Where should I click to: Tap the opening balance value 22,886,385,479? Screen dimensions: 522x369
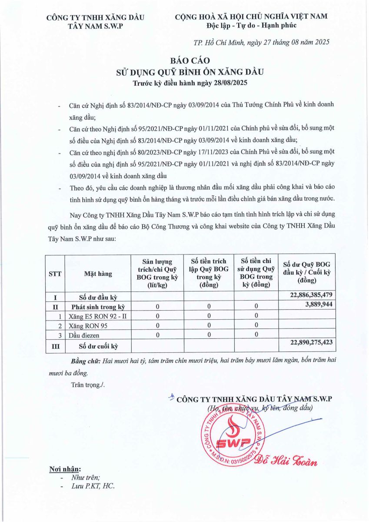click(x=308, y=295)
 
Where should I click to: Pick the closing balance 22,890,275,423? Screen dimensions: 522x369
click(x=308, y=343)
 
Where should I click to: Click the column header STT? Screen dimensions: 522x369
click(x=55, y=274)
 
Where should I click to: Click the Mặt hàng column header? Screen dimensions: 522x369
click(x=98, y=274)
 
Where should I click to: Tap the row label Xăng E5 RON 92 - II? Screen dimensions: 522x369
click(x=97, y=316)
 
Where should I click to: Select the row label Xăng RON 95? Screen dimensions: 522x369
click(x=88, y=325)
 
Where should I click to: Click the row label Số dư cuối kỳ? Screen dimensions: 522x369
click(x=98, y=346)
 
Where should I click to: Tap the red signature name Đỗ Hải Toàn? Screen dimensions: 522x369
click(x=288, y=462)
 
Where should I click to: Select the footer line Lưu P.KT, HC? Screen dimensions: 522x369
click(x=93, y=486)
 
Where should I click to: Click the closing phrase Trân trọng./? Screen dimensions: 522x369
click(x=88, y=385)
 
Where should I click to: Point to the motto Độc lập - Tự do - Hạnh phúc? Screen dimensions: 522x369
click(x=251, y=26)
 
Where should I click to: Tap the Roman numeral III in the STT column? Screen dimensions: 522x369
click(x=55, y=346)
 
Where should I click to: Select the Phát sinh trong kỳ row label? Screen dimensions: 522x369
click(x=98, y=306)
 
